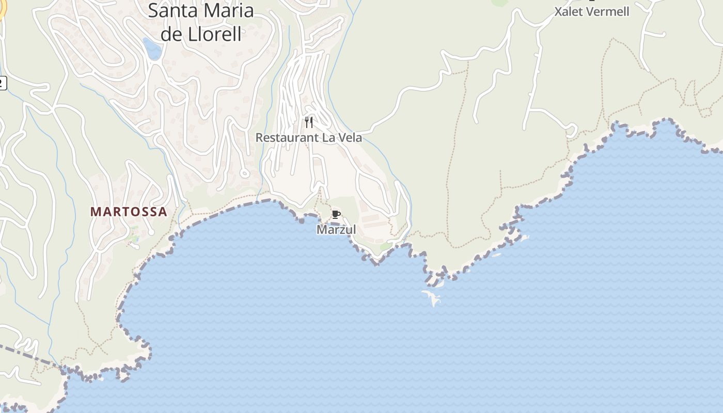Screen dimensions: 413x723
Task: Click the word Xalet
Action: pos(570,11)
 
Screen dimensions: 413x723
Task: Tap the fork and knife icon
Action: pos(309,122)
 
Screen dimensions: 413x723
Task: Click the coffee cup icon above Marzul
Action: pos(336,215)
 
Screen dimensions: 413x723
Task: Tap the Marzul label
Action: pos(336,229)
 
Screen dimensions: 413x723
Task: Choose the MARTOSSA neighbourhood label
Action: pos(129,212)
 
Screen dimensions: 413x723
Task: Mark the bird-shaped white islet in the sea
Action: pos(431,297)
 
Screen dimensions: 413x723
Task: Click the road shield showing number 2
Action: pos(2,82)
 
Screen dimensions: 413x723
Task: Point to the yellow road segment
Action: pos(2,10)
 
